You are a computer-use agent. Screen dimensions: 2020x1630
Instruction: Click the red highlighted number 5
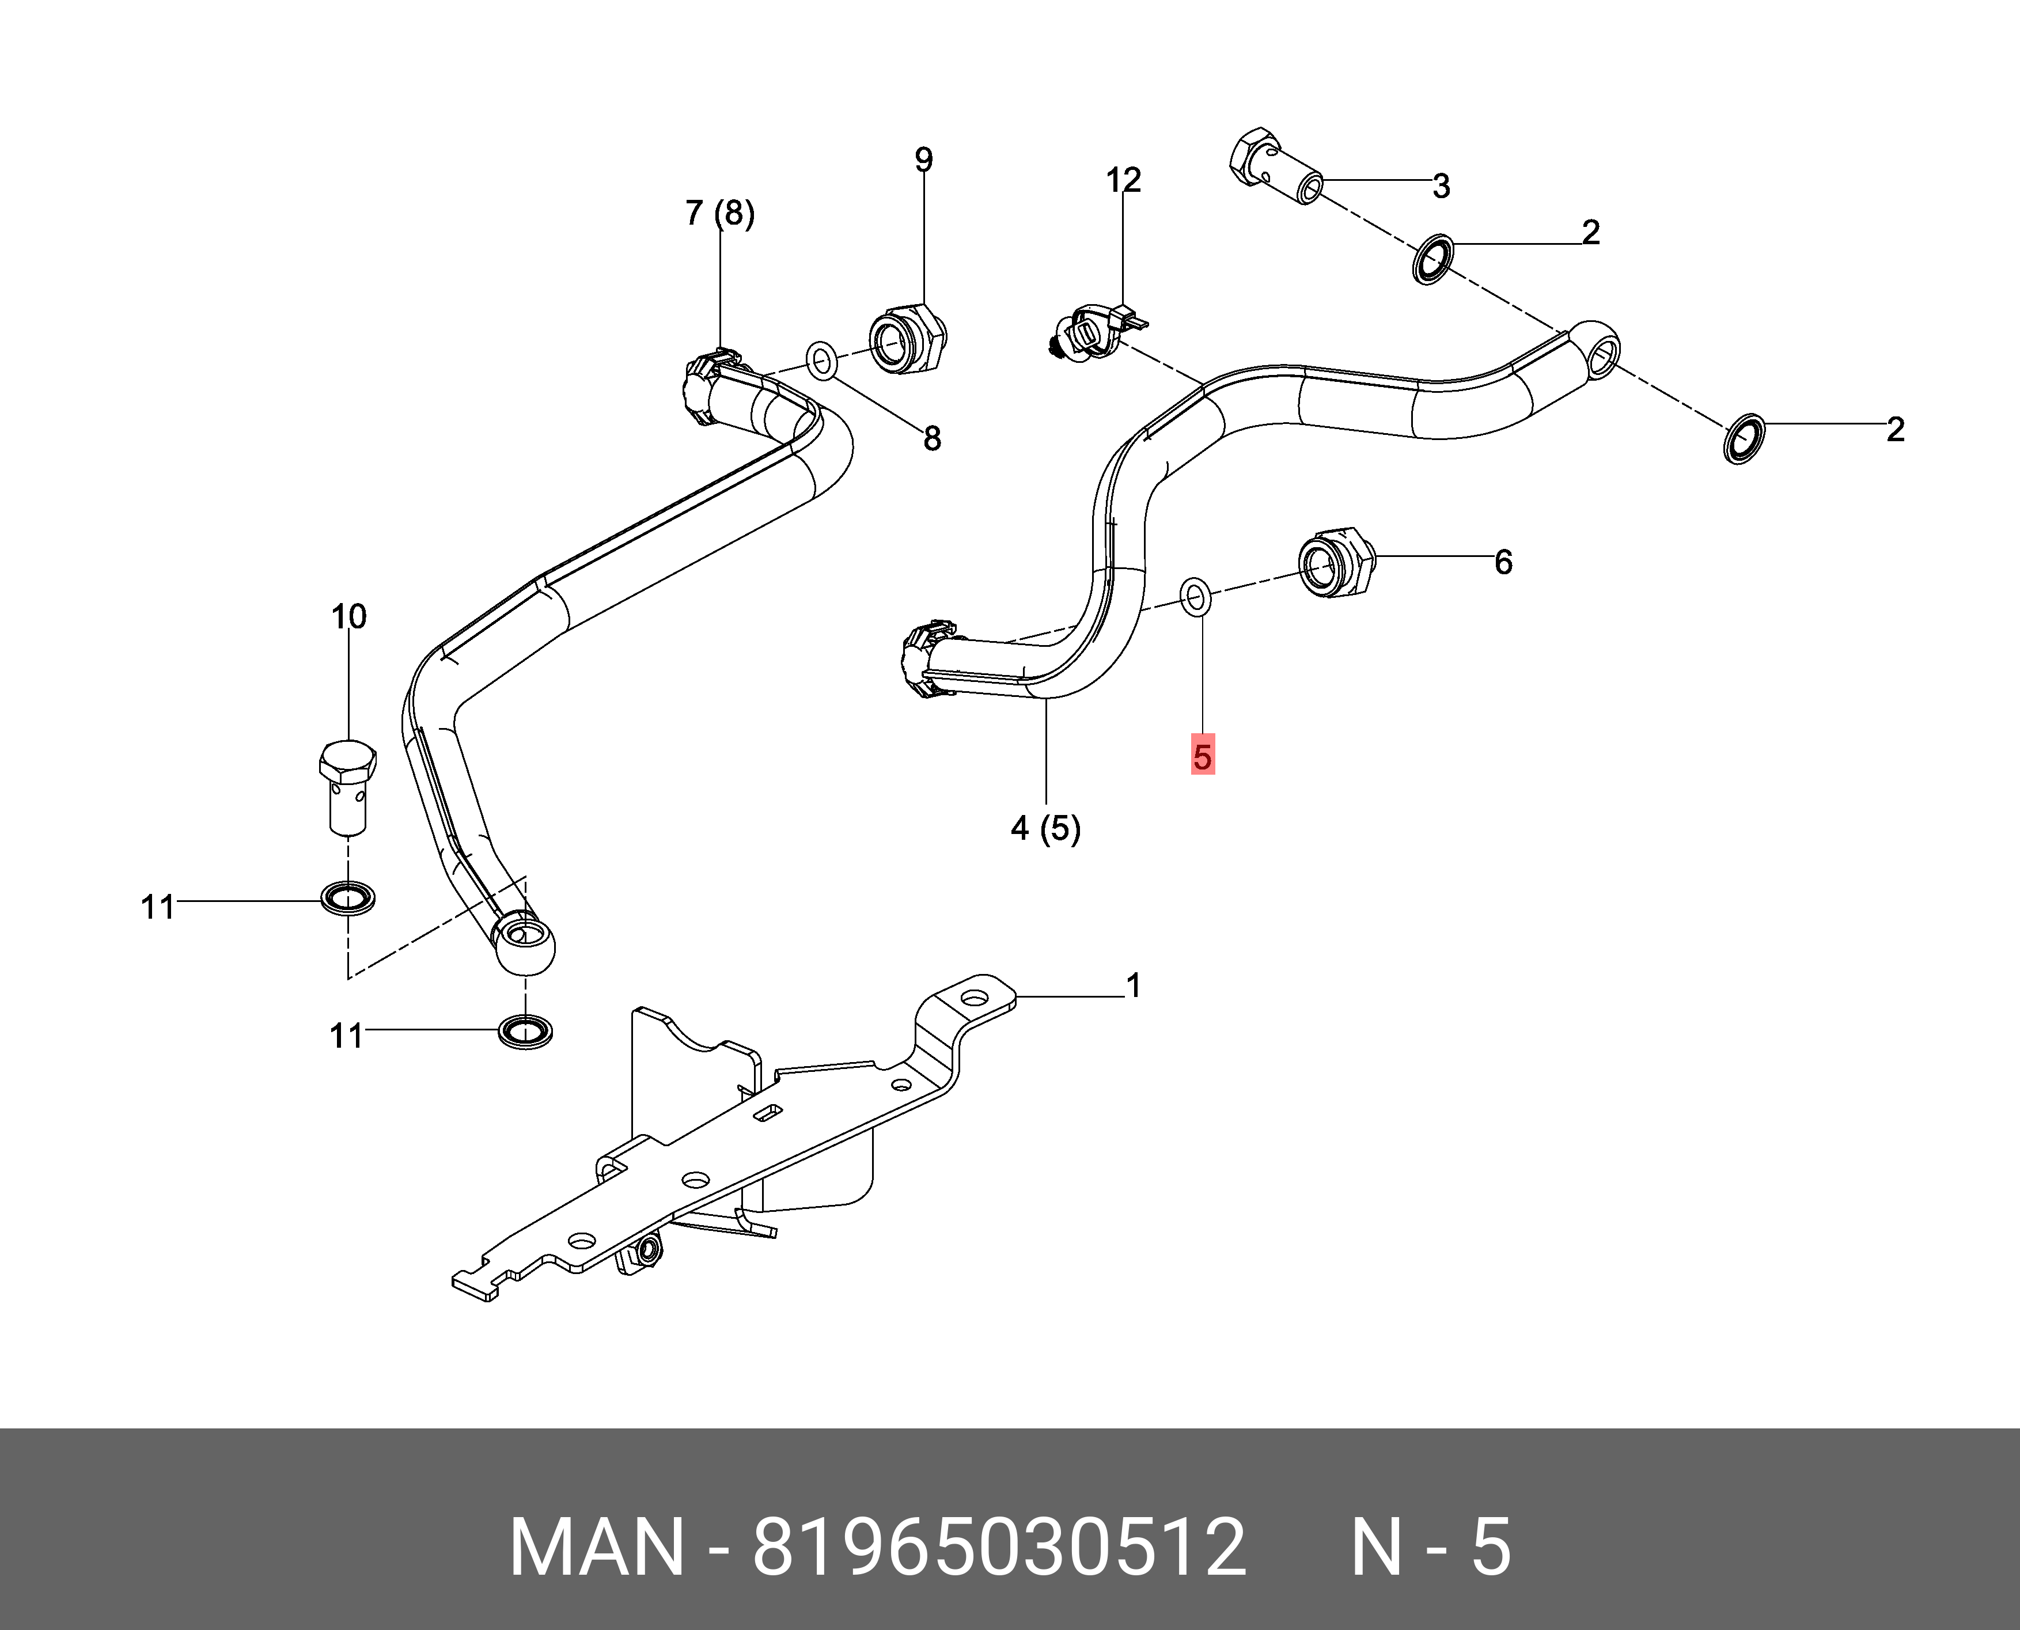[1202, 755]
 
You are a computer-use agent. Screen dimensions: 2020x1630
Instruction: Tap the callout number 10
[348, 617]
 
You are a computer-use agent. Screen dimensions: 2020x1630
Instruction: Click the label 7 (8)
[719, 214]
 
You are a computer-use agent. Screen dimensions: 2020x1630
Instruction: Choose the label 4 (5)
[1045, 828]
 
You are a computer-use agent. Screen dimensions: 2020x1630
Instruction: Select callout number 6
[1503, 562]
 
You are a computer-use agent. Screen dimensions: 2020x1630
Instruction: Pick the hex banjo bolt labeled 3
[1274, 172]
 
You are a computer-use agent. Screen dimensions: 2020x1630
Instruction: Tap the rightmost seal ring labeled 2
[1745, 438]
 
